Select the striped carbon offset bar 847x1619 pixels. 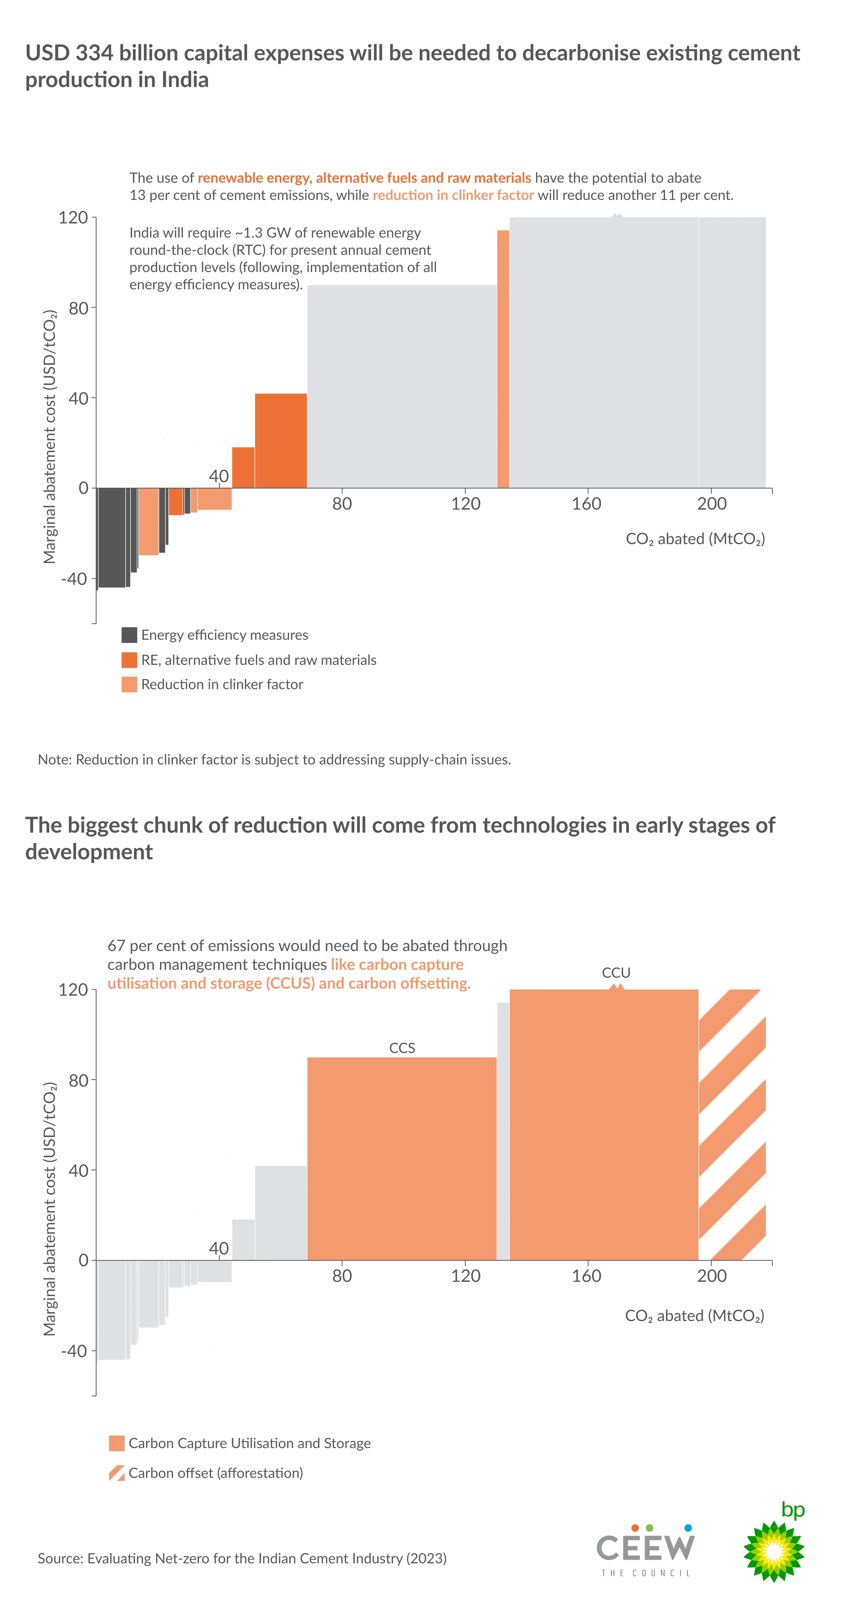coord(732,1125)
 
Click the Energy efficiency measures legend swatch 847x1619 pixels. coord(129,635)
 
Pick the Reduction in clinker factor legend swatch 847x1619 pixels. coord(129,684)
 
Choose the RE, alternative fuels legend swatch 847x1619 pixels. coord(129,660)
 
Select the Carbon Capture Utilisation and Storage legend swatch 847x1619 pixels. coord(116,1443)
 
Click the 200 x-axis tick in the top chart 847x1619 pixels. coord(711,503)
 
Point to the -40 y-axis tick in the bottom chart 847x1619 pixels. coord(74,1351)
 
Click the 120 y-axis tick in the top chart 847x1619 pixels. coord(73,217)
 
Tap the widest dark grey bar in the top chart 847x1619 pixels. coord(111,537)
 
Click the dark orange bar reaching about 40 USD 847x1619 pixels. coord(280,440)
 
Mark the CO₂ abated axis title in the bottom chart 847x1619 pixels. coord(694,1315)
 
